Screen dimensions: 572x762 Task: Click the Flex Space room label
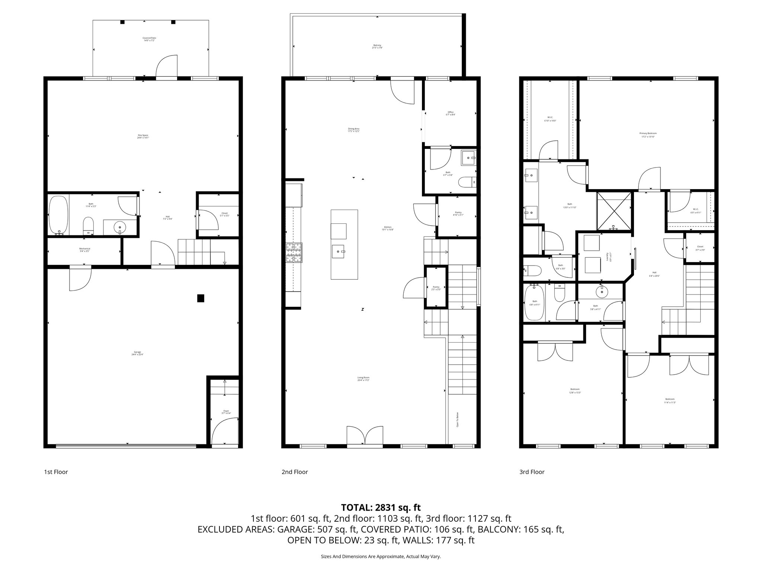point(143,136)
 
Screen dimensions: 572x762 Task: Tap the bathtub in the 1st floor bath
point(58,215)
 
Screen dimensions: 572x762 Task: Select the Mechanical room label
point(84,250)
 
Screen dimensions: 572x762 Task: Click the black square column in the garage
point(201,298)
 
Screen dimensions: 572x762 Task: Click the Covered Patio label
point(149,39)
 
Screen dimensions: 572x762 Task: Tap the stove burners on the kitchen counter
point(294,253)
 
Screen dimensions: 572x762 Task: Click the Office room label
point(451,113)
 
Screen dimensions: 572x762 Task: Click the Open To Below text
point(457,419)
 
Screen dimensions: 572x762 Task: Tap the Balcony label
point(377,47)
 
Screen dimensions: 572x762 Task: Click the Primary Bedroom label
point(648,135)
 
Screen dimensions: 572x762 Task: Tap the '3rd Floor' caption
point(532,472)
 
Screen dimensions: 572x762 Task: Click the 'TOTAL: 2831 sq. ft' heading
point(381,507)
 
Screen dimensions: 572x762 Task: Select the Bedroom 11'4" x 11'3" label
point(670,401)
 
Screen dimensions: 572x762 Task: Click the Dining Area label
point(353,130)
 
